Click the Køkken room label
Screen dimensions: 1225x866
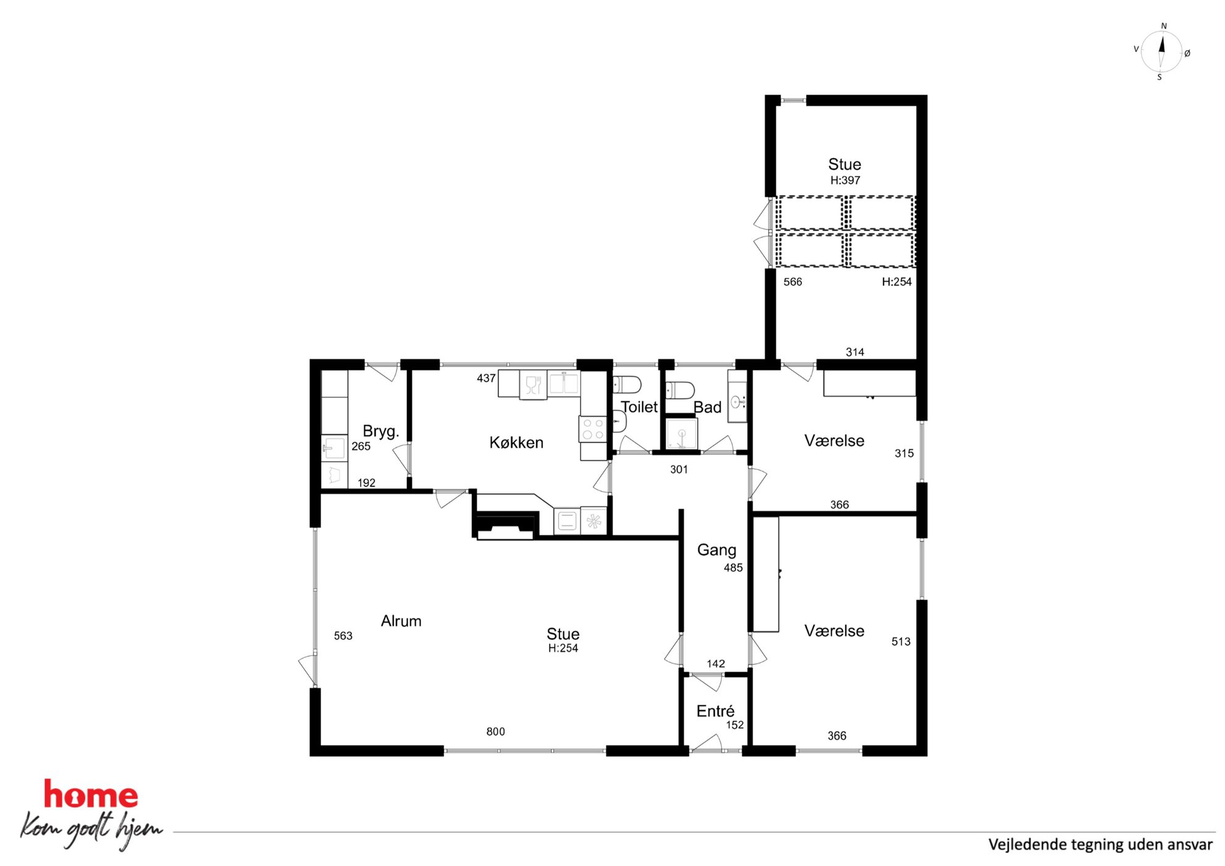tap(516, 443)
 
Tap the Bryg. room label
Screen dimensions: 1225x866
tap(380, 431)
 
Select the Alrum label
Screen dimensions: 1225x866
tap(401, 621)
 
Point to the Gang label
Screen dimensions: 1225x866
tap(716, 550)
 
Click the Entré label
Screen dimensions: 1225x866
tap(715, 711)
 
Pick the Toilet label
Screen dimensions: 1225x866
tap(639, 407)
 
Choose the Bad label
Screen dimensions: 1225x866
tap(707, 407)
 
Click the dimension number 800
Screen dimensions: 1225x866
tap(495, 731)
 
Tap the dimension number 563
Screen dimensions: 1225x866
tap(343, 636)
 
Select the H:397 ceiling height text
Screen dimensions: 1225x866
tap(845, 180)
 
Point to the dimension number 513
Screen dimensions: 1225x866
tap(901, 641)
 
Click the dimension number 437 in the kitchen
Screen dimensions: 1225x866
tap(486, 378)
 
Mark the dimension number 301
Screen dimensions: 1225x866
tap(679, 469)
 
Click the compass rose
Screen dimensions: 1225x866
tap(1161, 52)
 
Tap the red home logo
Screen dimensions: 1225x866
tap(91, 795)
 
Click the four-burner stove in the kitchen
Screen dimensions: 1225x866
tap(593, 429)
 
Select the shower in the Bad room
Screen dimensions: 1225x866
tap(681, 433)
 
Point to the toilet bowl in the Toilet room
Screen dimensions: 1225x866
tap(627, 385)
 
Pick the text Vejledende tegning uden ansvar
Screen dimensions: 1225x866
tap(1100, 844)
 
